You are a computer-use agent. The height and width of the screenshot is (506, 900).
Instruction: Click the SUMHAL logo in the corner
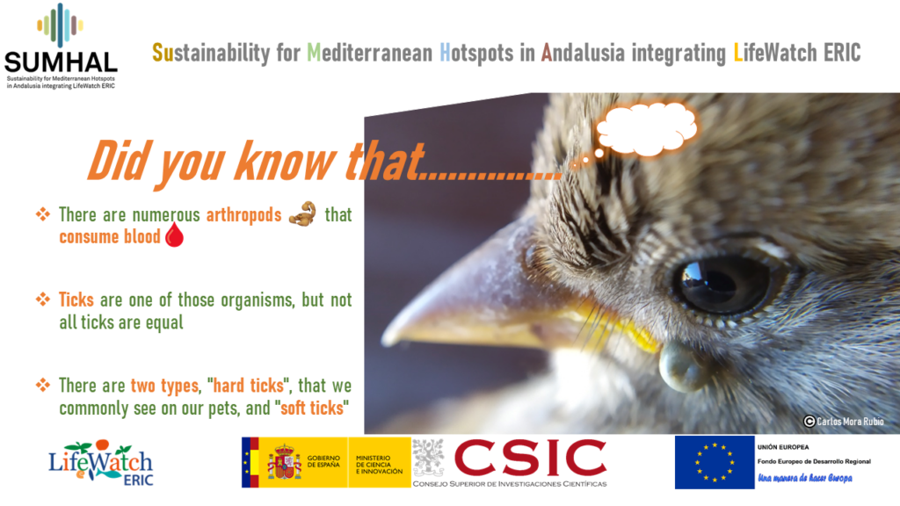tap(61, 46)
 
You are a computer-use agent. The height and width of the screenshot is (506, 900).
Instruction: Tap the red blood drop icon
tap(175, 235)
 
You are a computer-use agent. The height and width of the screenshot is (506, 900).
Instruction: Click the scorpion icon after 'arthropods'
tap(302, 213)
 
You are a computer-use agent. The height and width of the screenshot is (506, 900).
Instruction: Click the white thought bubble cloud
tap(648, 129)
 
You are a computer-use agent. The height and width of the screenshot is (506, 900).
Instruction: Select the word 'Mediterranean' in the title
tap(370, 53)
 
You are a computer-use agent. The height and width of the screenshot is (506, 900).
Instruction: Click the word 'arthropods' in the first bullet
tap(244, 215)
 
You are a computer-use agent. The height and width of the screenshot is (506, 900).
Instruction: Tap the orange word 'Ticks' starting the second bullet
tap(76, 300)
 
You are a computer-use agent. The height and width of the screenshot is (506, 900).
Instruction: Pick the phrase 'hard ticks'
tap(249, 386)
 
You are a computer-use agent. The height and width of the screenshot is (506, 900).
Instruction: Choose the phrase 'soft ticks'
tap(312, 408)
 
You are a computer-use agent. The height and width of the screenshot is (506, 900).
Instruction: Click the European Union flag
tap(715, 462)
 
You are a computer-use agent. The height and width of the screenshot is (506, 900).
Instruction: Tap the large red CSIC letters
tap(530, 458)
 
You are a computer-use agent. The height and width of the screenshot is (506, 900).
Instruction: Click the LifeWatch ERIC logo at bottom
tap(101, 464)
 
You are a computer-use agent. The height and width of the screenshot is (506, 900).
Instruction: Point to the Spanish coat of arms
tap(285, 462)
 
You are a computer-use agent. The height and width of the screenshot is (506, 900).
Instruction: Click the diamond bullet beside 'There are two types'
tap(42, 385)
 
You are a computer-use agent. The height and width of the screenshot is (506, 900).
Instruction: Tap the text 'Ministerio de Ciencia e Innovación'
tap(379, 465)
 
